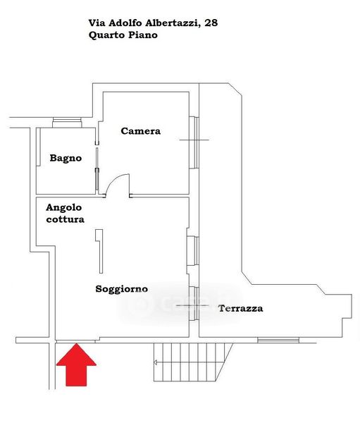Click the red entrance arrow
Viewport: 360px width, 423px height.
[x=76, y=364]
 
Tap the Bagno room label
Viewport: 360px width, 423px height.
[x=66, y=158]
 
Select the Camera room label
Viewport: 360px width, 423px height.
[x=140, y=131]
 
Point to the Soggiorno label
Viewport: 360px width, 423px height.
[x=122, y=289]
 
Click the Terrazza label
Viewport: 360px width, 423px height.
[x=240, y=308]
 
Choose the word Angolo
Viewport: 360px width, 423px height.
[x=63, y=208]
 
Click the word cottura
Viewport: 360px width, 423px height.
[x=65, y=219]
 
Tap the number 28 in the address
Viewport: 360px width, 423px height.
[x=211, y=23]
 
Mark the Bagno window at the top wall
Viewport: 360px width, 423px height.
[x=67, y=123]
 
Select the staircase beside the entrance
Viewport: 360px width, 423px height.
[x=193, y=362]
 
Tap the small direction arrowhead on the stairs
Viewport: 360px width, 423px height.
[x=156, y=362]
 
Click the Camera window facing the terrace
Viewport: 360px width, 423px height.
[x=194, y=142]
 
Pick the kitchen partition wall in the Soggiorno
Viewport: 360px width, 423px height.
[x=99, y=251]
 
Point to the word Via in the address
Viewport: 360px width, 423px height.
[x=97, y=23]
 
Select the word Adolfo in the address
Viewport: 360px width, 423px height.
[x=125, y=23]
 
